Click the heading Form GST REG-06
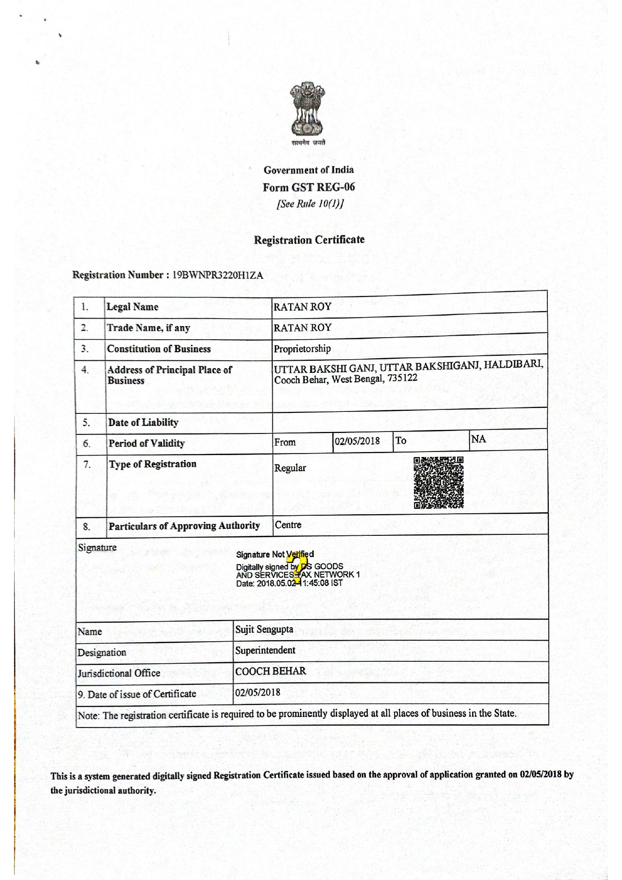tap(309, 188)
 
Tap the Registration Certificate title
tap(309, 240)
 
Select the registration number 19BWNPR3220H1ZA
tap(218, 275)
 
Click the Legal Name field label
tap(132, 307)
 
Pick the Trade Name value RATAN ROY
tap(302, 328)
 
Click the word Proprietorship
tap(302, 349)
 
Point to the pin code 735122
tap(402, 378)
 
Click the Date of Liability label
tap(143, 422)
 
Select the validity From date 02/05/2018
tap(357, 442)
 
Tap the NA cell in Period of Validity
tap(479, 439)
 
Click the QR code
tap(439, 483)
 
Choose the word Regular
tap(290, 468)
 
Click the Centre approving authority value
tap(288, 525)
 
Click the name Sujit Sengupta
tap(264, 630)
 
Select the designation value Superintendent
tap(265, 651)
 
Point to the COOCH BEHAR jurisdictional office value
tap(271, 671)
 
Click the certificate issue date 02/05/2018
tap(258, 693)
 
